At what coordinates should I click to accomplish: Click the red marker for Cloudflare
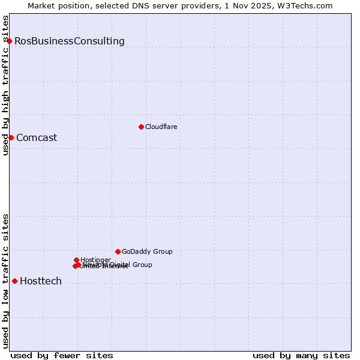point(141,127)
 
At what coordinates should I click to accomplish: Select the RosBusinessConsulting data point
point(10,41)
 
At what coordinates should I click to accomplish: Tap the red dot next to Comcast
point(11,137)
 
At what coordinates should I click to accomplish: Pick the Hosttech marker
point(14,281)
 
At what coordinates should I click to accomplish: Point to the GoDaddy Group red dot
point(118,251)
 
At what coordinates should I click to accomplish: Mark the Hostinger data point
point(77,260)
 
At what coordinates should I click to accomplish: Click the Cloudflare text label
point(161,127)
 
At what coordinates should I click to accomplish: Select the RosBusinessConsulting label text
point(70,41)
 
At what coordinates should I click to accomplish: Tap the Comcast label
point(37,138)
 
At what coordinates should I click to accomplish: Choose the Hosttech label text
point(41,281)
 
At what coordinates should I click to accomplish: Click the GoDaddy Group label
point(147,252)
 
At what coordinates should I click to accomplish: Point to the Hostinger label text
point(95,260)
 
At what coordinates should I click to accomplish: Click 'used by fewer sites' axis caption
point(62,356)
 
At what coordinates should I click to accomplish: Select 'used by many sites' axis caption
point(301,356)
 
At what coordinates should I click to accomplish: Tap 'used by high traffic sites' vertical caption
point(5,85)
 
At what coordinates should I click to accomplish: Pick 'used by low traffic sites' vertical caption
point(5,281)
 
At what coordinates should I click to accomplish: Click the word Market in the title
point(41,5)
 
